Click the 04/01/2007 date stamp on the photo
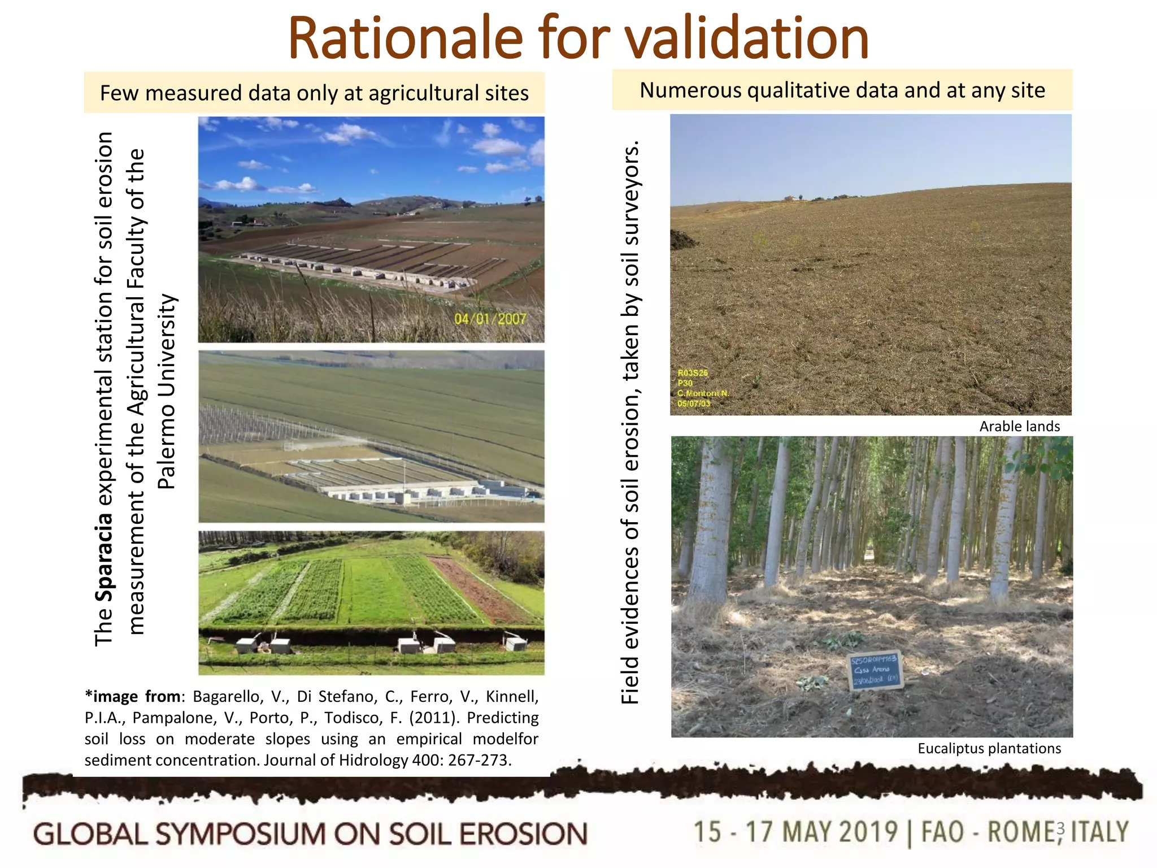point(490,319)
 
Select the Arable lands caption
point(1019,427)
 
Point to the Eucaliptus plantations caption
point(989,749)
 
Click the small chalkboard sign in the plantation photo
point(875,671)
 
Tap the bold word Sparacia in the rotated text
point(104,557)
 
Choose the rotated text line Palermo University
point(167,392)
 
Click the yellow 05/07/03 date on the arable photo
point(694,403)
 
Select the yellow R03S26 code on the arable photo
point(693,373)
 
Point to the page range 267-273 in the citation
point(480,761)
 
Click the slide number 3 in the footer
point(1060,828)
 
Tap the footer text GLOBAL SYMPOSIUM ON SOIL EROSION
point(310,835)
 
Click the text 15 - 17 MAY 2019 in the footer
point(795,832)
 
